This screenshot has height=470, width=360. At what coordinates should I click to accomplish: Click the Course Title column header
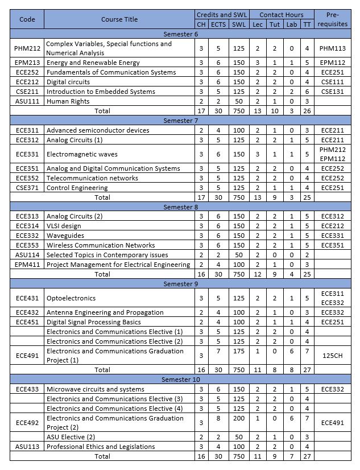point(119,19)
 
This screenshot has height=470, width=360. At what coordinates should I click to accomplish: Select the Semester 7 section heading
point(180,120)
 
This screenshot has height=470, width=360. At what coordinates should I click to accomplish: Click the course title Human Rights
point(68,101)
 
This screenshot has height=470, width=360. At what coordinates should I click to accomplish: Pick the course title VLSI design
point(66,226)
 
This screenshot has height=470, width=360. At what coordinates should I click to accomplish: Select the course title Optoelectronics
point(71,298)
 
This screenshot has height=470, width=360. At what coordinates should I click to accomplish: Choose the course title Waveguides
point(65,236)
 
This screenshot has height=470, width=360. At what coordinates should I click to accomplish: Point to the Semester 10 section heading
point(180,380)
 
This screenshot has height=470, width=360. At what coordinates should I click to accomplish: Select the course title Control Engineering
point(77,188)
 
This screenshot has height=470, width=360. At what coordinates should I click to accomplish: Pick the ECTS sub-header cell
point(218,24)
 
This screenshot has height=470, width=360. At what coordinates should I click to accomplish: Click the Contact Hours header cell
point(281,14)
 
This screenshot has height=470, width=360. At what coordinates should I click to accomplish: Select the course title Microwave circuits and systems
point(95,389)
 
